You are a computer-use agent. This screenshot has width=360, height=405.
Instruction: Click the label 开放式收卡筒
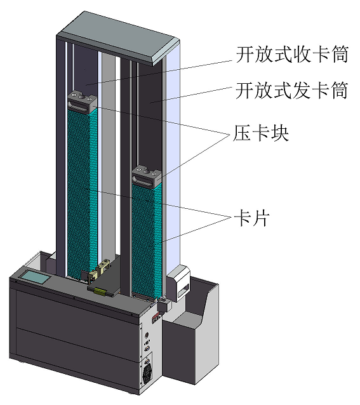click(291, 56)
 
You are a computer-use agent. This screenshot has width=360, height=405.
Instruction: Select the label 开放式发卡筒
click(291, 91)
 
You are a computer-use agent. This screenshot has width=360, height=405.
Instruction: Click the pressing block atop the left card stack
click(82, 102)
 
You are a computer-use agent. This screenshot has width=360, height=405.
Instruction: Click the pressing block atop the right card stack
click(148, 176)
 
